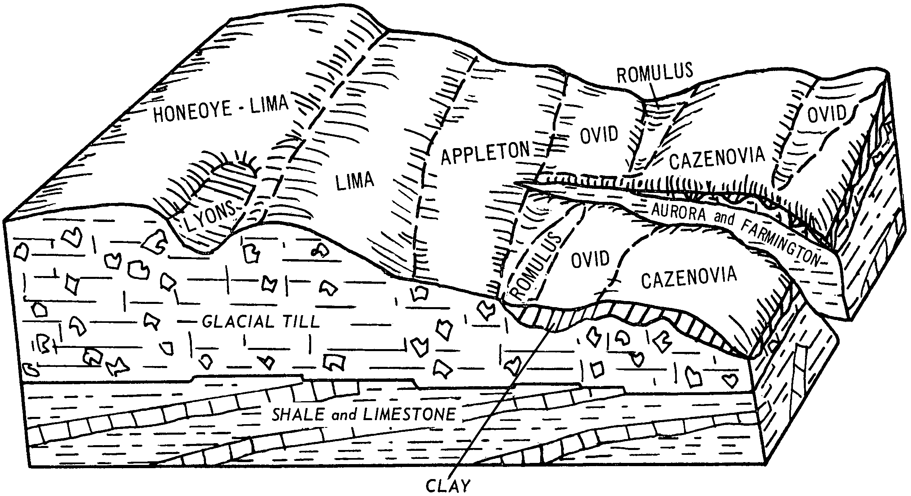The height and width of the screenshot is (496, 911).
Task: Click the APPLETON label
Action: (485, 153)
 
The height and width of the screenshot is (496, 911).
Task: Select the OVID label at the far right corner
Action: (827, 113)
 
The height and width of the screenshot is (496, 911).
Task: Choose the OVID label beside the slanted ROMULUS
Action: (590, 259)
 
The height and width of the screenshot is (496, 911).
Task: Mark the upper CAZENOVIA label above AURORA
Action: (717, 158)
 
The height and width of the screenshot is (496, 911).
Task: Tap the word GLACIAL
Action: (233, 322)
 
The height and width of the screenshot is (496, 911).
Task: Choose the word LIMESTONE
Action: (410, 415)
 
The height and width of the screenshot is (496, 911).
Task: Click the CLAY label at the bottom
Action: (448, 486)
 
